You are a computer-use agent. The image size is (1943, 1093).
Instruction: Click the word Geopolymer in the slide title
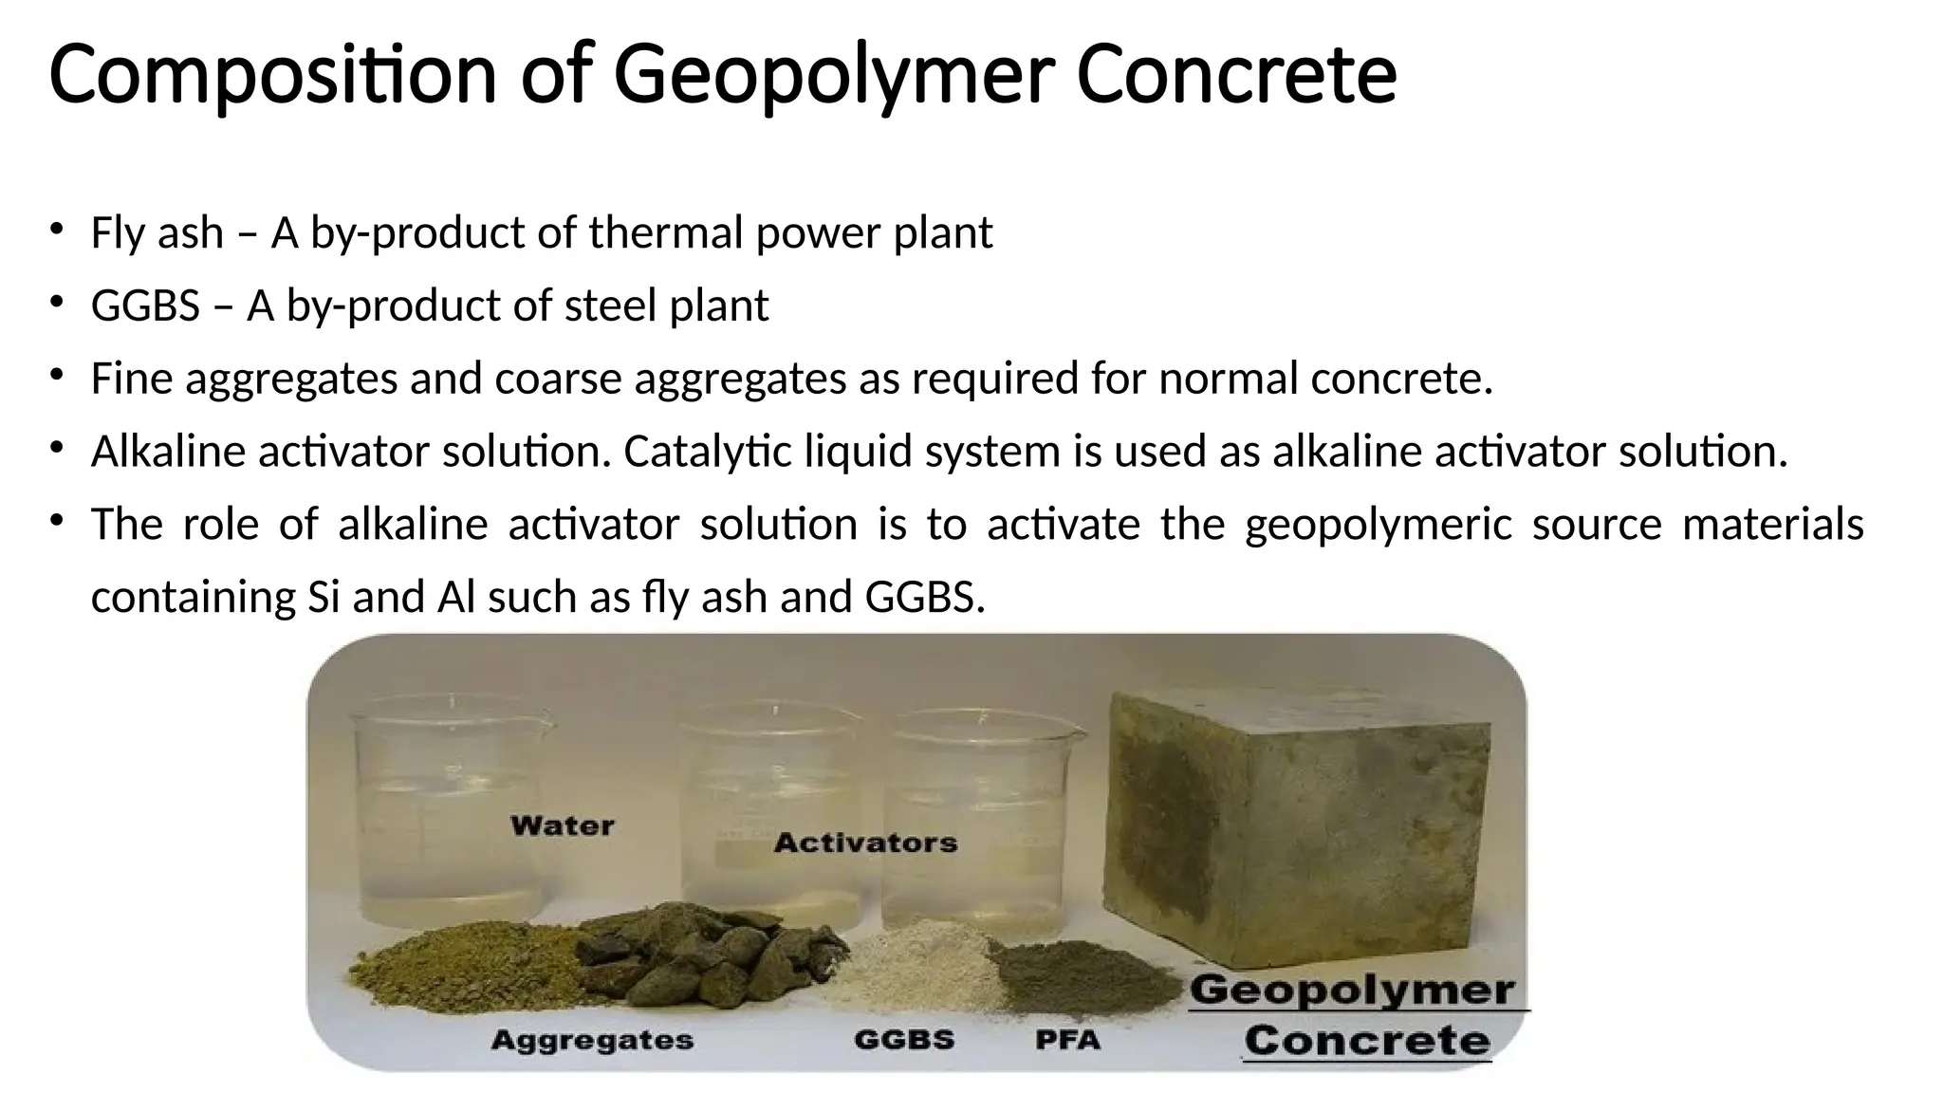pyautogui.click(x=833, y=76)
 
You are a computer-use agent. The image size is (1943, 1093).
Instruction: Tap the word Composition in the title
pyautogui.click(x=272, y=76)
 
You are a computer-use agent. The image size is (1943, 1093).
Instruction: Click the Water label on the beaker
pyautogui.click(x=562, y=825)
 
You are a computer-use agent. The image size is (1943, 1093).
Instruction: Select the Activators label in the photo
pyautogui.click(x=865, y=843)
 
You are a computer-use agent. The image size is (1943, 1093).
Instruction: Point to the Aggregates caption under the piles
pyautogui.click(x=592, y=1041)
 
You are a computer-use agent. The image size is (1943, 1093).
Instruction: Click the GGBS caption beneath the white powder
pyautogui.click(x=904, y=1040)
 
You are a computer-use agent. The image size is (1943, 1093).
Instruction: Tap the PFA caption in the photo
pyautogui.click(x=1067, y=1041)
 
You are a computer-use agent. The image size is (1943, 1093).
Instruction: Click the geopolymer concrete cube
pyautogui.click(x=1296, y=835)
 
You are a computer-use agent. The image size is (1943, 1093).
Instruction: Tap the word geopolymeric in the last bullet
pyautogui.click(x=1379, y=525)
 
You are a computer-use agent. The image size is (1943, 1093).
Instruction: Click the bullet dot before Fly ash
pyautogui.click(x=57, y=229)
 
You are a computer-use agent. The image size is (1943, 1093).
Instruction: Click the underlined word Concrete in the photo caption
pyautogui.click(x=1366, y=1041)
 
